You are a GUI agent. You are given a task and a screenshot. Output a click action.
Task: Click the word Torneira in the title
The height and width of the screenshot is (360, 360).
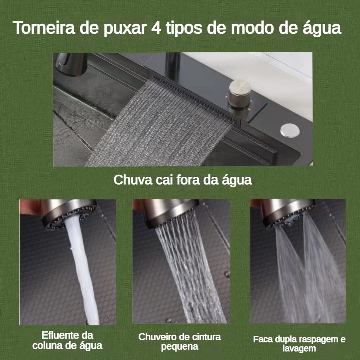coord(44,28)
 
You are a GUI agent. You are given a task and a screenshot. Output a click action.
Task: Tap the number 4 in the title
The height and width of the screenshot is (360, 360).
coord(156,28)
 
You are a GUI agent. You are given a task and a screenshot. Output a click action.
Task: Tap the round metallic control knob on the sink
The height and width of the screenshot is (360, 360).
coord(240,94)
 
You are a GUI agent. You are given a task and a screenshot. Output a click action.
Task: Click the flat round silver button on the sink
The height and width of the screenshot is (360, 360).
coord(290,130)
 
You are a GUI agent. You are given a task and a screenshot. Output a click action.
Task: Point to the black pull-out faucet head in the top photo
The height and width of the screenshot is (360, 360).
coord(71,64)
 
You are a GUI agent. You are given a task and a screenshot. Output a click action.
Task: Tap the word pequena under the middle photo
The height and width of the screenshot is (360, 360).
coord(180,346)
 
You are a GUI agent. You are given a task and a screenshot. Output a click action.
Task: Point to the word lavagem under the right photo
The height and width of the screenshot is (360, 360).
coord(299,348)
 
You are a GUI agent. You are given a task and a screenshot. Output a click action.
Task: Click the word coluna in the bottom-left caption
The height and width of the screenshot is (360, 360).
coord(47,346)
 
